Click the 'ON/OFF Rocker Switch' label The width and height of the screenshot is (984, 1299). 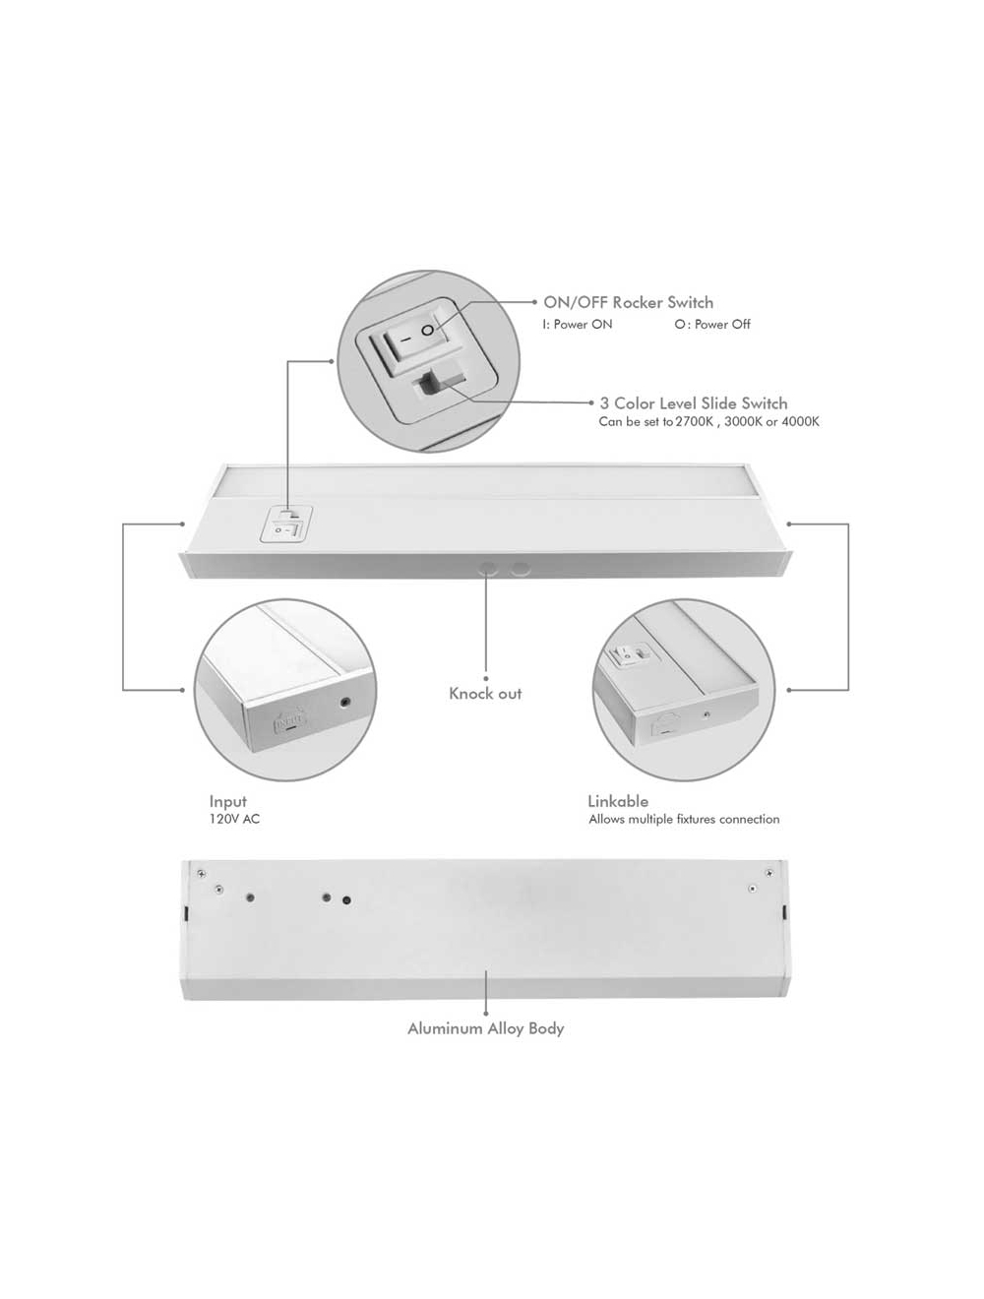pyautogui.click(x=628, y=302)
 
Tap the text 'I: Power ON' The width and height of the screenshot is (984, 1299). pyautogui.click(x=577, y=324)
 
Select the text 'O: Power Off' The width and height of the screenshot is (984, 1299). pyautogui.click(x=711, y=324)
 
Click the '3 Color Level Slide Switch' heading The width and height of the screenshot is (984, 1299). pyautogui.click(x=693, y=402)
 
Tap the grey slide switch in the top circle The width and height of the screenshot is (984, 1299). pyautogui.click(x=440, y=382)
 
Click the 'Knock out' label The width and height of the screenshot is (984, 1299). pyautogui.click(x=485, y=693)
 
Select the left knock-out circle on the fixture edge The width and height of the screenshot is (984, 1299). pyautogui.click(x=487, y=569)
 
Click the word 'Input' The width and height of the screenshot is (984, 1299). pyautogui.click(x=227, y=801)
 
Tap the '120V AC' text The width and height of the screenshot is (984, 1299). pyautogui.click(x=234, y=819)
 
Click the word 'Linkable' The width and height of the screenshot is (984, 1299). pyautogui.click(x=618, y=801)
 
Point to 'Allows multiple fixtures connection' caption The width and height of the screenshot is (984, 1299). pyautogui.click(x=684, y=819)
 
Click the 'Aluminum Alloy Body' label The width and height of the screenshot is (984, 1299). pyautogui.click(x=485, y=1028)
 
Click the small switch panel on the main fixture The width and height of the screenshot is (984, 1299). pyautogui.click(x=285, y=524)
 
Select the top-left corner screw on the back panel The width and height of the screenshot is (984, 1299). pyautogui.click(x=202, y=873)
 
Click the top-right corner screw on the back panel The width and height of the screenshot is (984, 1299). pyautogui.click(x=769, y=872)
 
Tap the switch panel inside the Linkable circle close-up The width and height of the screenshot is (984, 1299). pyautogui.click(x=628, y=652)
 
